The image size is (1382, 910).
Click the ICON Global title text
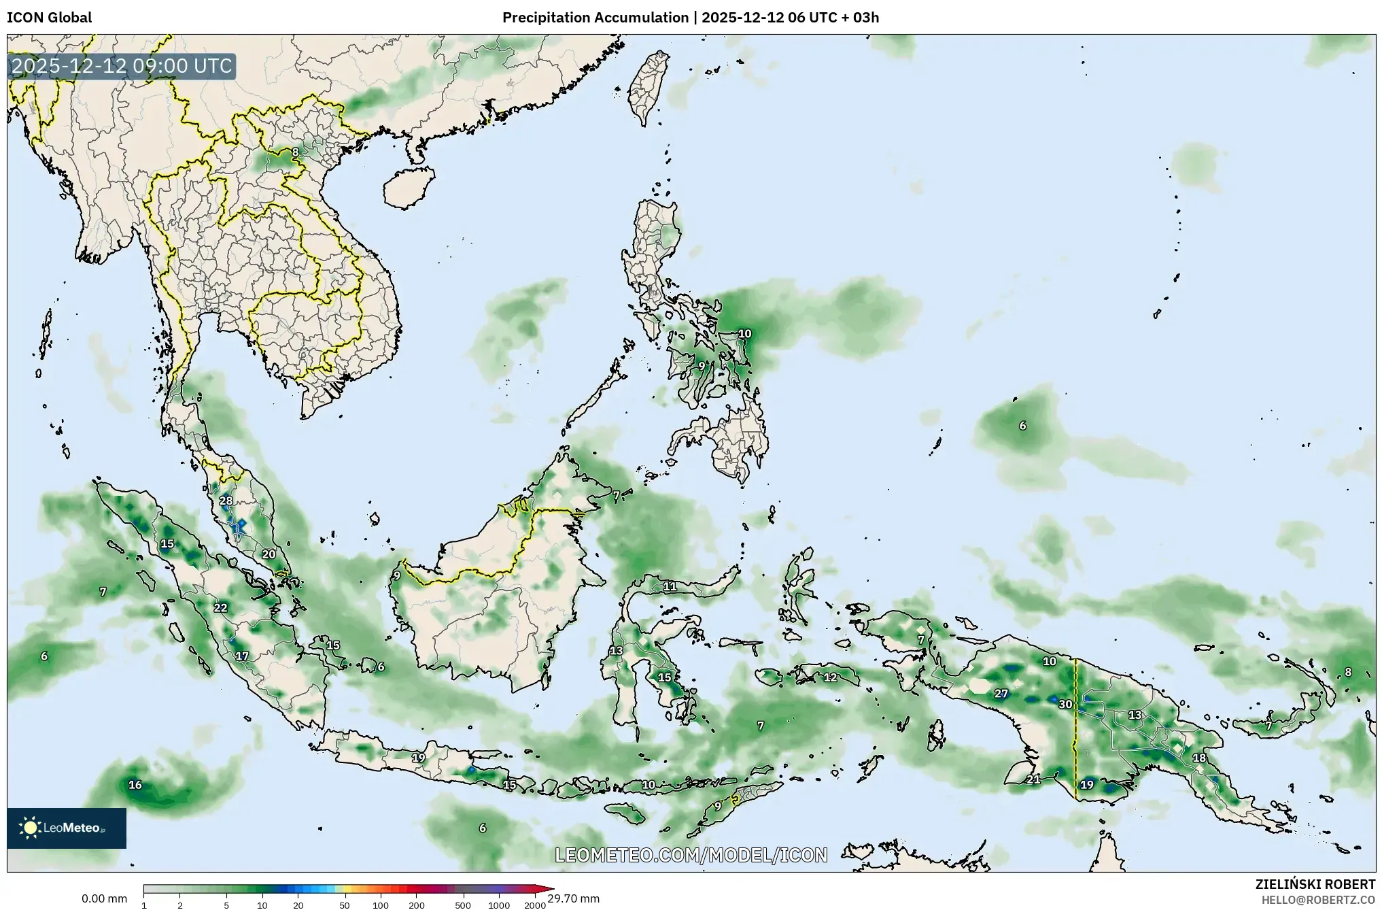pyautogui.click(x=49, y=18)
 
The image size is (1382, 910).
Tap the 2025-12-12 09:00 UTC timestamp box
pyautogui.click(x=122, y=67)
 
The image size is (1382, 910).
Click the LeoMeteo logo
pyautogui.click(x=66, y=828)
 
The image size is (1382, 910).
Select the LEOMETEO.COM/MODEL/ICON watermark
pyautogui.click(x=691, y=855)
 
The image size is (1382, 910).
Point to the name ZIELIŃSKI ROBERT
pyautogui.click(x=1315, y=884)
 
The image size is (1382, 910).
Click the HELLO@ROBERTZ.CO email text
pyautogui.click(x=1318, y=899)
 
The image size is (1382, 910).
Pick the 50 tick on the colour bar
pyautogui.click(x=345, y=905)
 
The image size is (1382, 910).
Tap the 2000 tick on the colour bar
pyautogui.click(x=535, y=905)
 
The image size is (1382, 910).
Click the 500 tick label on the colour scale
pyautogui.click(x=463, y=905)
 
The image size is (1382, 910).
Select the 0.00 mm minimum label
pyautogui.click(x=104, y=898)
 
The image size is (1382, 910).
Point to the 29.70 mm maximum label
pyautogui.click(x=573, y=898)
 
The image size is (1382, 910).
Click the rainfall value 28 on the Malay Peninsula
pyautogui.click(x=226, y=501)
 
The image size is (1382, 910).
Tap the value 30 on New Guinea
pyautogui.click(x=1065, y=704)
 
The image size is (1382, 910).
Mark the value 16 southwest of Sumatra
pyautogui.click(x=135, y=785)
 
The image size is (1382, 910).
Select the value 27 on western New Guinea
pyautogui.click(x=1001, y=694)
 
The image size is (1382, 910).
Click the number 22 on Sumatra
pyautogui.click(x=220, y=607)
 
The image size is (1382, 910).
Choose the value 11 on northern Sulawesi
pyautogui.click(x=670, y=586)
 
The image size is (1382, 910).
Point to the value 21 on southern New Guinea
pyautogui.click(x=1033, y=779)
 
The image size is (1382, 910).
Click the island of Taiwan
pyautogui.click(x=646, y=88)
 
